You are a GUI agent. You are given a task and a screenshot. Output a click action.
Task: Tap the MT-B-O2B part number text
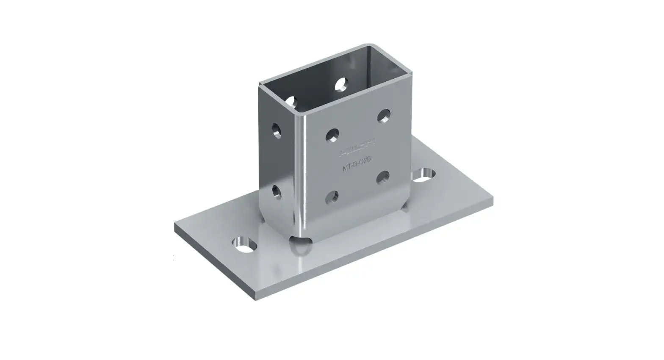coord(357,166)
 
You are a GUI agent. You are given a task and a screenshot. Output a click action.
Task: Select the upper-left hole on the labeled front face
coord(332,135)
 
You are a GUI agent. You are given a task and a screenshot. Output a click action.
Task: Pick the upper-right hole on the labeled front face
coord(384,115)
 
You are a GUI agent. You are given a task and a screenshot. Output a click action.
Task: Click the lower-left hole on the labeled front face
coord(332,197)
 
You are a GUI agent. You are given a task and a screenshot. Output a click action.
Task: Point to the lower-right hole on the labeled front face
coord(383,177)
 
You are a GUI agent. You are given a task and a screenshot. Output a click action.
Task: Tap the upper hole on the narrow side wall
coord(277,130)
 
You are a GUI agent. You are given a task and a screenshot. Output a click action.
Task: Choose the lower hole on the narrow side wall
coord(276,192)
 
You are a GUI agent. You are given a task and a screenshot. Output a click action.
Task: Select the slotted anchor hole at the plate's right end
coord(423,174)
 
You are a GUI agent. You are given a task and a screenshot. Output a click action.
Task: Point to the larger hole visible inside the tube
coord(341,84)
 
